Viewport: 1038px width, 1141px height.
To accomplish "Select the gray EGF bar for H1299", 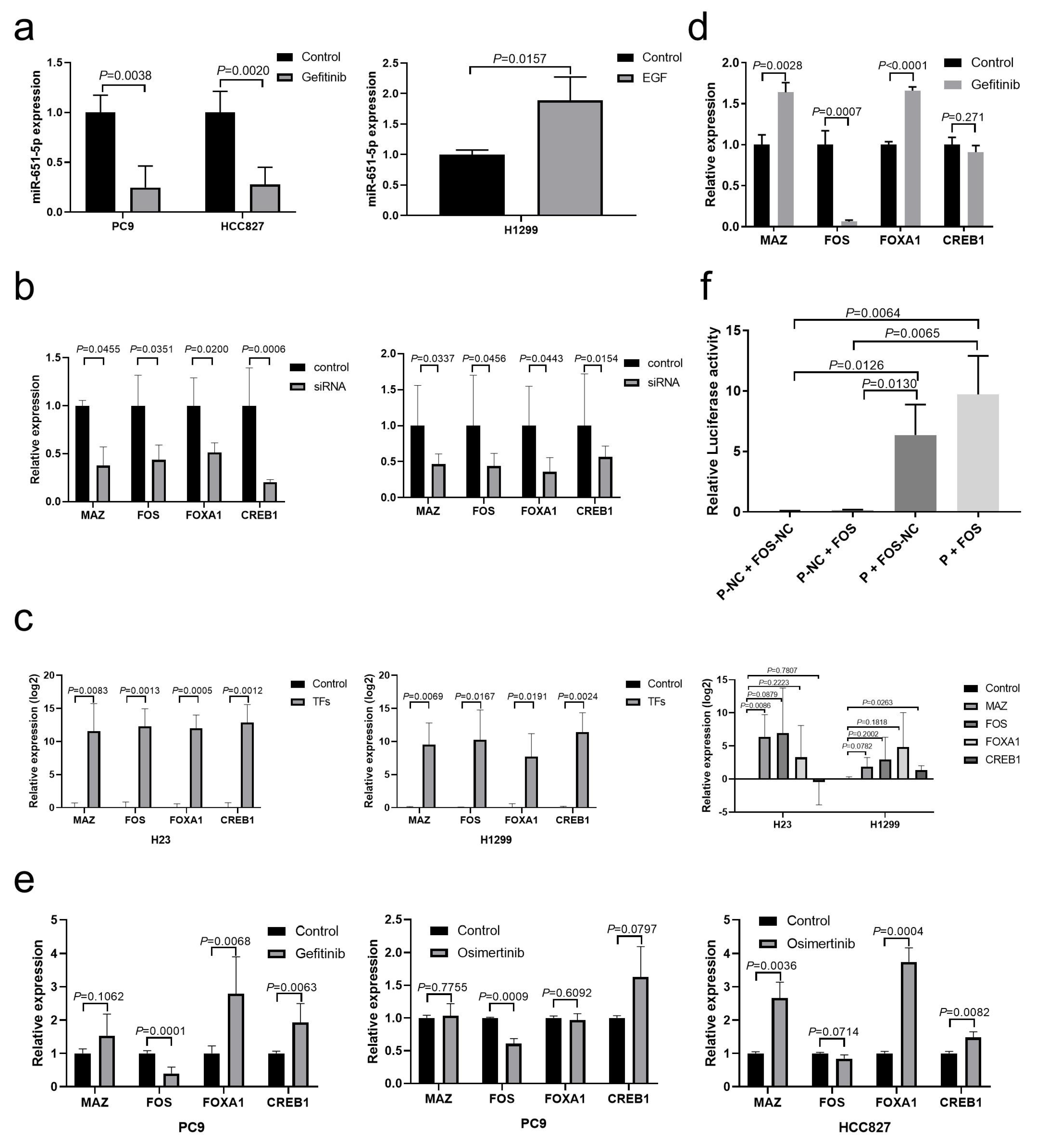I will click(569, 158).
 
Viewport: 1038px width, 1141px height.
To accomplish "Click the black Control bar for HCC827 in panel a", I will click(220, 162).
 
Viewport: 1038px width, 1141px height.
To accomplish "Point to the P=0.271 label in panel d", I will click(962, 117).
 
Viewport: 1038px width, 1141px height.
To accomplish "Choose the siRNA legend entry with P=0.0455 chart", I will click(328, 387).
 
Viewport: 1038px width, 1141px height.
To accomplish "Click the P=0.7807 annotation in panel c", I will click(783, 671).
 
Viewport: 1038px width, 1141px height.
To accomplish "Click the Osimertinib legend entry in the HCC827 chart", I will click(820, 943).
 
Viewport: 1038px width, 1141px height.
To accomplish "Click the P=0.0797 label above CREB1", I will click(632, 929).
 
